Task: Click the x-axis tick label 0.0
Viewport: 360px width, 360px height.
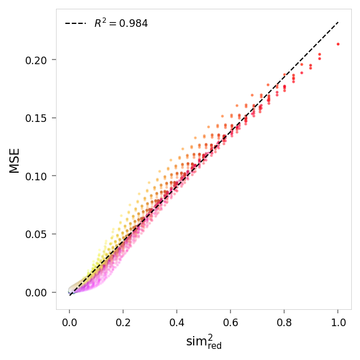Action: pyautogui.click(x=69, y=321)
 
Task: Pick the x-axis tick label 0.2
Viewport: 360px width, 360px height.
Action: pyautogui.click(x=123, y=321)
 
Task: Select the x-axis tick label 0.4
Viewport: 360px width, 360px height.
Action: pyautogui.click(x=177, y=321)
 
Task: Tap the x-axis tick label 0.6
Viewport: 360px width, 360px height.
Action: pyautogui.click(x=230, y=321)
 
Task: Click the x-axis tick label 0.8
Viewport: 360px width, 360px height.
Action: pyautogui.click(x=284, y=321)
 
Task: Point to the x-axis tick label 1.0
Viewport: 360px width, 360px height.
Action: pyautogui.click(x=338, y=321)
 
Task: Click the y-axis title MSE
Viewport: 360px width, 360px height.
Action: pyautogui.click(x=15, y=160)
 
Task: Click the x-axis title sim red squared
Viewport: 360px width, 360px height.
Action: pyautogui.click(x=204, y=342)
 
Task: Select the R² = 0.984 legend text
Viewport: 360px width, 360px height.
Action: pyautogui.click(x=121, y=23)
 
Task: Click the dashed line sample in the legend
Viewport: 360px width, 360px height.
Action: pyautogui.click(x=75, y=24)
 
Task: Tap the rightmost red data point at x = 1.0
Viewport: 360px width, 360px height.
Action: pyautogui.click(x=338, y=44)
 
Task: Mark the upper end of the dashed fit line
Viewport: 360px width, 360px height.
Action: pyautogui.click(x=338, y=22)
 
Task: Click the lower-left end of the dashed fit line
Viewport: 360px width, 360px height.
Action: pyautogui.click(x=70, y=295)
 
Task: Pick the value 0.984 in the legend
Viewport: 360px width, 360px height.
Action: pyautogui.click(x=134, y=24)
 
